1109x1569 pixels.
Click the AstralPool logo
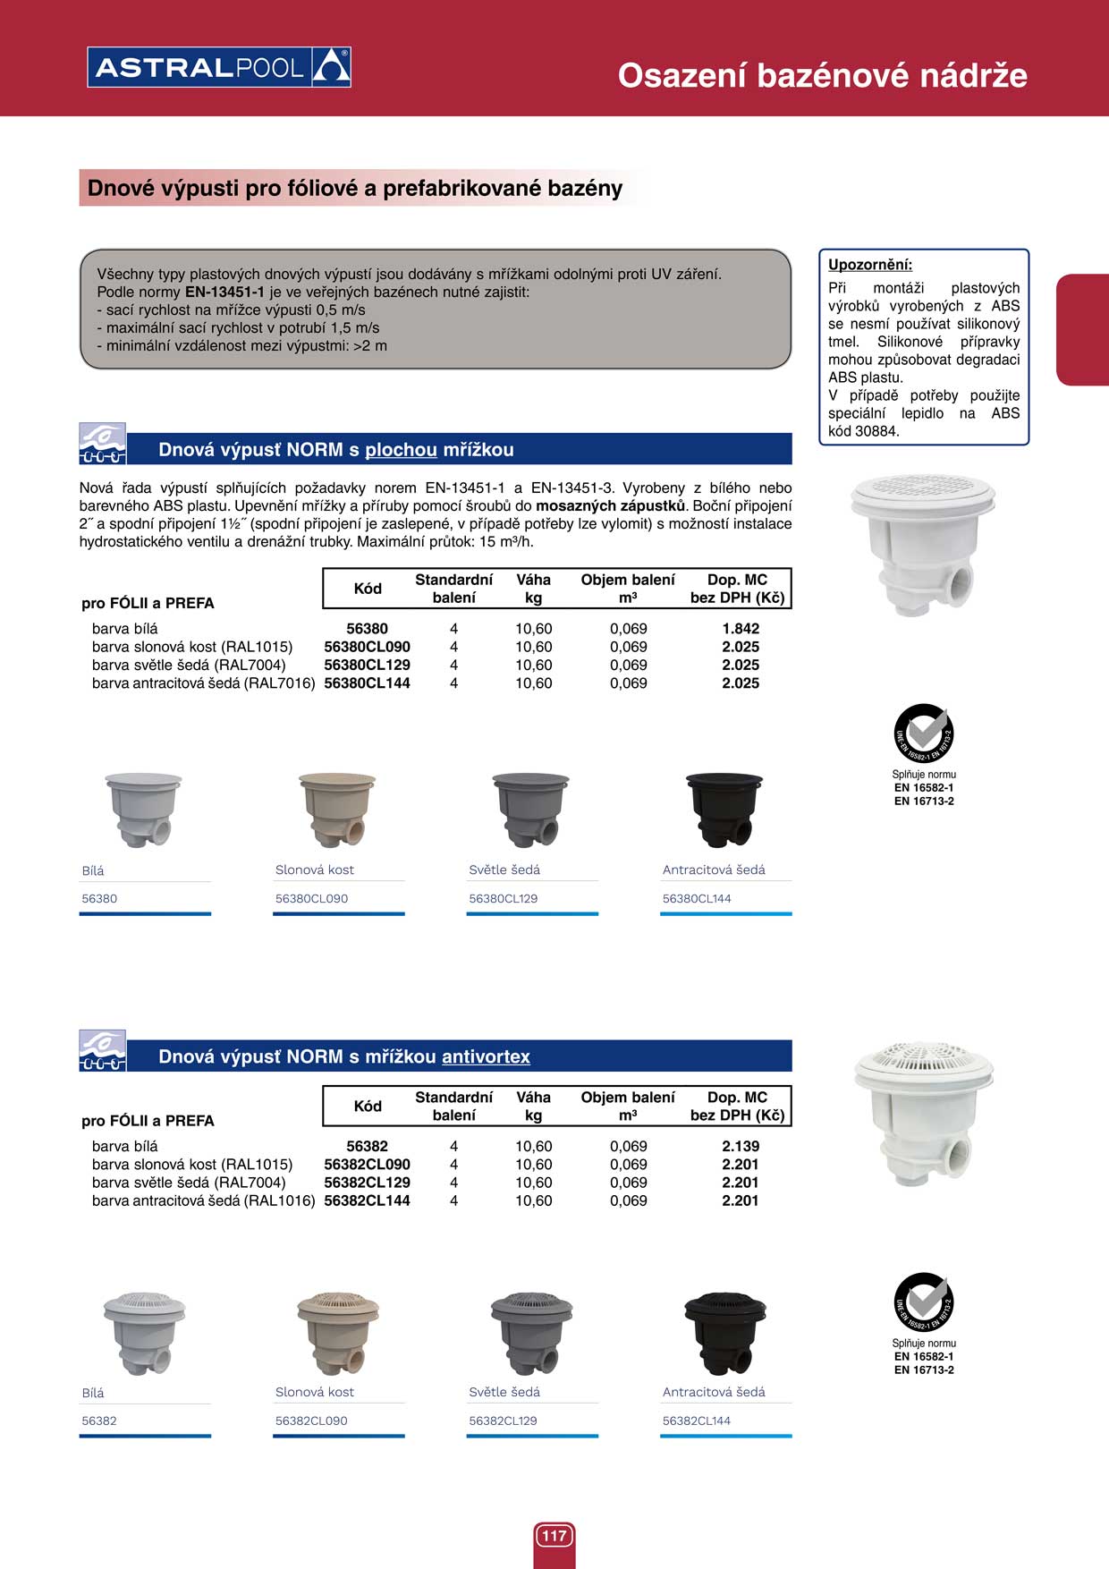click(219, 67)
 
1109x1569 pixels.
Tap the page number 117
click(554, 1536)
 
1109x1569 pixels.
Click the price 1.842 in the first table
click(741, 629)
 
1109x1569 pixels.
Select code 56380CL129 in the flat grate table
click(367, 665)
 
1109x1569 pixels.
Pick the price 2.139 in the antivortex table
click(741, 1146)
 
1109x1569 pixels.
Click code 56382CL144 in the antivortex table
click(367, 1200)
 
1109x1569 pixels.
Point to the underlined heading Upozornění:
click(870, 265)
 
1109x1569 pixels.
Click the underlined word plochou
click(401, 450)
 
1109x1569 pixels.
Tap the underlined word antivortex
click(486, 1056)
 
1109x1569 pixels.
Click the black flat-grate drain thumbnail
click(724, 809)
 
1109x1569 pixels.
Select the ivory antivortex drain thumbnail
click(338, 1332)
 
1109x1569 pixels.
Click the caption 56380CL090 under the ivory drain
click(311, 898)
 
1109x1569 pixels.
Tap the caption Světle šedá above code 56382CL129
click(504, 1392)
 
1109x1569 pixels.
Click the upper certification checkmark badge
click(924, 733)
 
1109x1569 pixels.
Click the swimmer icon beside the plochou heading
click(102, 444)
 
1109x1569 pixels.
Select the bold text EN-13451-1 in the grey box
click(224, 293)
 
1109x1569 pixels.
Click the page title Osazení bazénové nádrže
click(822, 75)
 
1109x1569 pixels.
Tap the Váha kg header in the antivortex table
click(533, 1106)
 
